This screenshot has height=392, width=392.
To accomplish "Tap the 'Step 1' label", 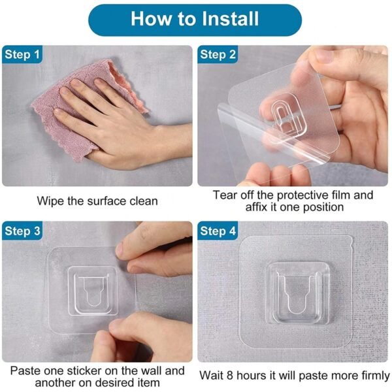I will pos(22,55).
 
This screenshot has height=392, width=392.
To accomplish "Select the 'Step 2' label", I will pos(218,55).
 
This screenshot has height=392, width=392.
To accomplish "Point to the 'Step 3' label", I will pos(22,231).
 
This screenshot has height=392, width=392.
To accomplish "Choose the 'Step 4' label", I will pos(218,231).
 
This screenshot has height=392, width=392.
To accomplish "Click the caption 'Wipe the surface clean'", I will pos(97,201).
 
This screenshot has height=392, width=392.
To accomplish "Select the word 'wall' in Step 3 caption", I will pos(153,370).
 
